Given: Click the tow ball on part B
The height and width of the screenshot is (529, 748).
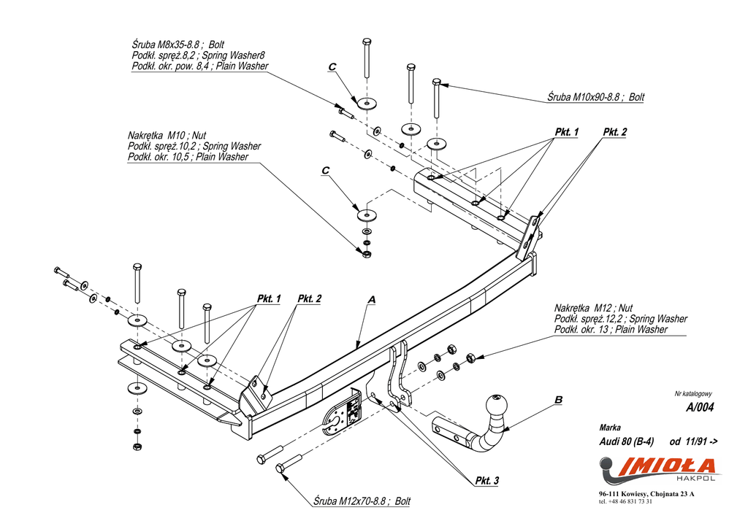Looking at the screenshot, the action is coord(497,406).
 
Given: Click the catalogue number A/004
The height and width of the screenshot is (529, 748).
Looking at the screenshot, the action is coord(700,407).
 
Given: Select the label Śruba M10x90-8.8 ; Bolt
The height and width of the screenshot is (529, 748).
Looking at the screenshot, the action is coord(596,97).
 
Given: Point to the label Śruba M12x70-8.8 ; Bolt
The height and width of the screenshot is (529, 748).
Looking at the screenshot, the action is coord(362,501).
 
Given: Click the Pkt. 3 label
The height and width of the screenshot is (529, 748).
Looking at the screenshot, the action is coord(487,480).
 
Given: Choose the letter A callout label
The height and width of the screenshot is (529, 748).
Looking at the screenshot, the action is coord(372,300).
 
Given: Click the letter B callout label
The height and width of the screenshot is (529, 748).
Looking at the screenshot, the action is coord(558,400).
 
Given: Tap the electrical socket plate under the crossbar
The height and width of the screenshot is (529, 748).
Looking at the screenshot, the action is coord(343,413).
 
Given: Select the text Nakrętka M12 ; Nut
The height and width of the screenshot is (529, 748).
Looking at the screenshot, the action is coord(593,309).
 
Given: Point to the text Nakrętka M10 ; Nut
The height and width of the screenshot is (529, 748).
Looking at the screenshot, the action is coord(167,135).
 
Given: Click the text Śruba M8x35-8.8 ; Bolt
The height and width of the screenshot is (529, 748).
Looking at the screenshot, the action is coord(178,45).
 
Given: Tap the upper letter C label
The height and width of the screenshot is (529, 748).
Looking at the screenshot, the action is coord(332,67).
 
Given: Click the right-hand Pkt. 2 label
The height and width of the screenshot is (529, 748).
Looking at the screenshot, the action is coord(615,132).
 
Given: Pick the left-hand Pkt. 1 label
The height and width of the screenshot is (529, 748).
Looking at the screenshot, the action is coord(269,299).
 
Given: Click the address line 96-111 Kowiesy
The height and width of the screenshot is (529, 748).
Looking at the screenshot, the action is coord(647,494).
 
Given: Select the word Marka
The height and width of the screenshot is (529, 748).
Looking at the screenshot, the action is coord(610,428).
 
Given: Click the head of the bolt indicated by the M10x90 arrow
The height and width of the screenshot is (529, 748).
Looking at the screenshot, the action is coord(436,82).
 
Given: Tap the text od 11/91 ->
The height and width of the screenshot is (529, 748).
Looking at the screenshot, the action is coord(694,441).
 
